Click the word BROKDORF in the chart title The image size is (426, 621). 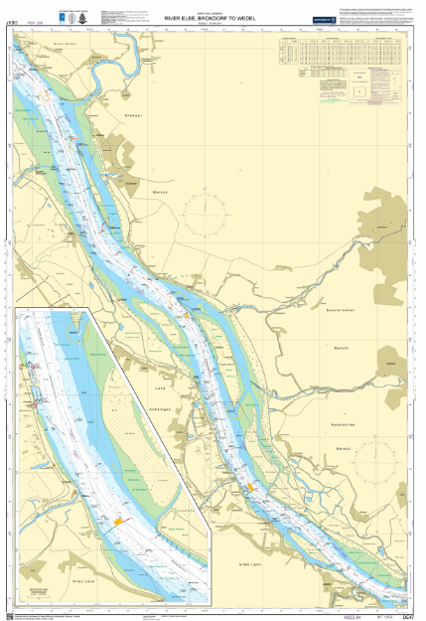click(x=210, y=18)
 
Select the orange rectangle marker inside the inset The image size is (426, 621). click(x=121, y=521)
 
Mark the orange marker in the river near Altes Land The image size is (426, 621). click(x=253, y=486)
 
